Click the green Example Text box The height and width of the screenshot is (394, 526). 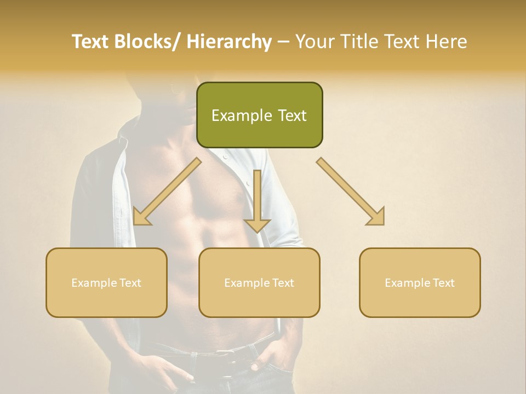pos(259,115)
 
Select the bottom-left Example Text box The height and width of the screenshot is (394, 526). pos(106,282)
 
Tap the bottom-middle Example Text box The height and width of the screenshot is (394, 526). pos(259,282)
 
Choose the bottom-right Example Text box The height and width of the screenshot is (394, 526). pos(420,282)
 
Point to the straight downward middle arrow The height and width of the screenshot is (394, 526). pos(257,200)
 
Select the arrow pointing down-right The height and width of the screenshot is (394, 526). pos(351,192)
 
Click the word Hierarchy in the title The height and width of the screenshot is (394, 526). pos(228,42)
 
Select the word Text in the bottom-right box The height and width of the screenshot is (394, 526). pos(443,282)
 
